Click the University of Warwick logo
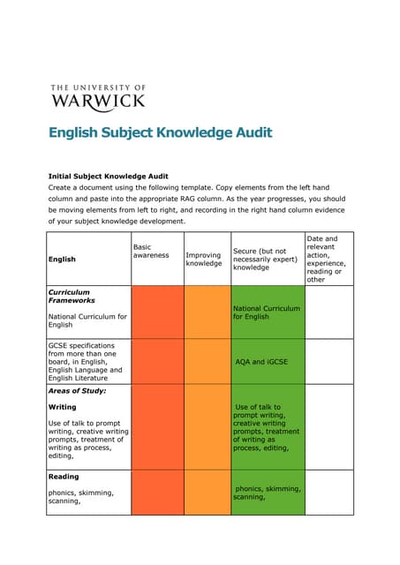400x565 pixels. [97, 96]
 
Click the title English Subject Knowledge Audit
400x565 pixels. [160, 133]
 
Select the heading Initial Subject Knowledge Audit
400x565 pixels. [108, 176]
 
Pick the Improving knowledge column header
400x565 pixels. [203, 259]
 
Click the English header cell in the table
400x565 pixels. [62, 259]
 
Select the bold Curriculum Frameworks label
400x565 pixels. [70, 296]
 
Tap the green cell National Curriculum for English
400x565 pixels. [267, 313]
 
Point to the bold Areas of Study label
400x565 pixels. [77, 389]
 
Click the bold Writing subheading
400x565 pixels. [62, 407]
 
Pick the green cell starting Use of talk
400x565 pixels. [267, 427]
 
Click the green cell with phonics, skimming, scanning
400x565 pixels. [267, 492]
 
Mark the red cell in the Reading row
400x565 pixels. [157, 492]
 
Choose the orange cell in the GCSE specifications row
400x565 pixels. [207, 362]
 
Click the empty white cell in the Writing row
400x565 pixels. [328, 427]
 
